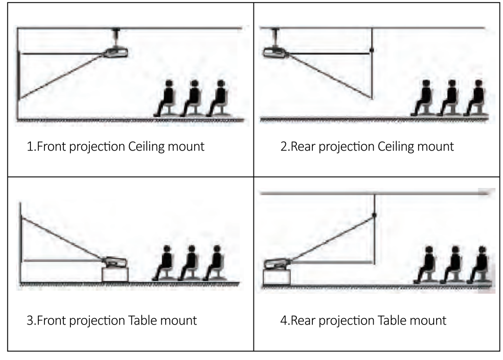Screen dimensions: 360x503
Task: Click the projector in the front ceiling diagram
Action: (116, 51)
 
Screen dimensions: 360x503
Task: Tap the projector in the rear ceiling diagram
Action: (274, 52)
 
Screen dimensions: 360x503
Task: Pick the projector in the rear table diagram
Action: (278, 262)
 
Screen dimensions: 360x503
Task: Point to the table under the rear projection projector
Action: (276, 277)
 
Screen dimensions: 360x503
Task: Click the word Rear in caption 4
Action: (300, 320)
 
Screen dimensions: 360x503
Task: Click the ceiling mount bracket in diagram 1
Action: (116, 36)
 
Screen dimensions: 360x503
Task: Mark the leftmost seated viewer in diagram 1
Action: (167, 97)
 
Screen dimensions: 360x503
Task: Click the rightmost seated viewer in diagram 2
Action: (477, 97)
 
